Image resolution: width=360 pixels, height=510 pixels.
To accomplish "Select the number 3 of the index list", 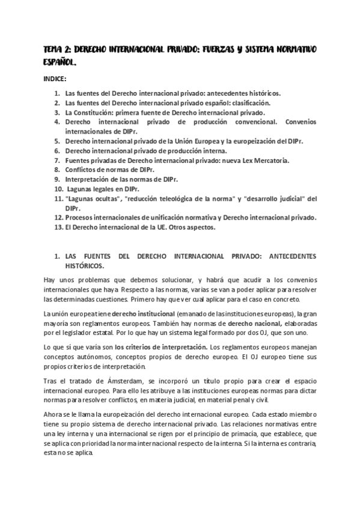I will (56, 112).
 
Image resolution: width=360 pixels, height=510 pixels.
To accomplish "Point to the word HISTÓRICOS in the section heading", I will (84, 265).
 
